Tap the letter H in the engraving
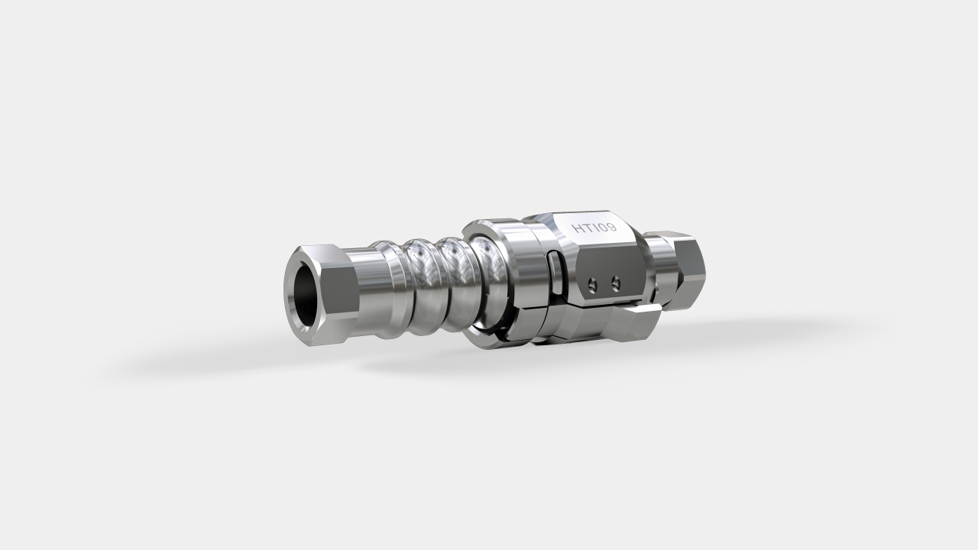[x=578, y=228]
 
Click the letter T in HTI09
[x=588, y=228]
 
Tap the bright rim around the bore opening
[x=288, y=294]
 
